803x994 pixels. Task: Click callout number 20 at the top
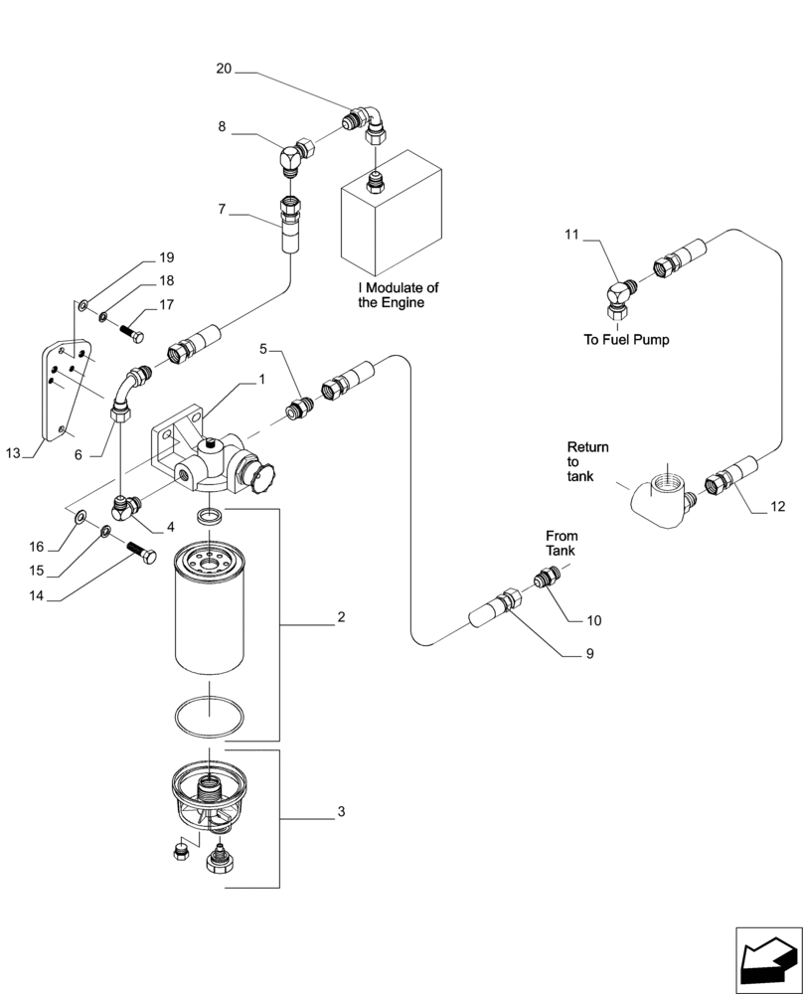point(224,69)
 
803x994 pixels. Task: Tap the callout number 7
point(224,210)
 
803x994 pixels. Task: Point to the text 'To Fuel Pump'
point(626,339)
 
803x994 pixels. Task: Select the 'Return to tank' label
point(587,462)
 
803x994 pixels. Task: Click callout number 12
point(777,506)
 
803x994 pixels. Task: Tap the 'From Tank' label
point(561,543)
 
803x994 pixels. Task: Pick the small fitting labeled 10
point(545,579)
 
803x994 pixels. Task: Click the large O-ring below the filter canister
point(210,715)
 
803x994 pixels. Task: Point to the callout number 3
point(340,812)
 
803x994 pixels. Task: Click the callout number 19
point(166,257)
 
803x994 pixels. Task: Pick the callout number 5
point(263,350)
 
